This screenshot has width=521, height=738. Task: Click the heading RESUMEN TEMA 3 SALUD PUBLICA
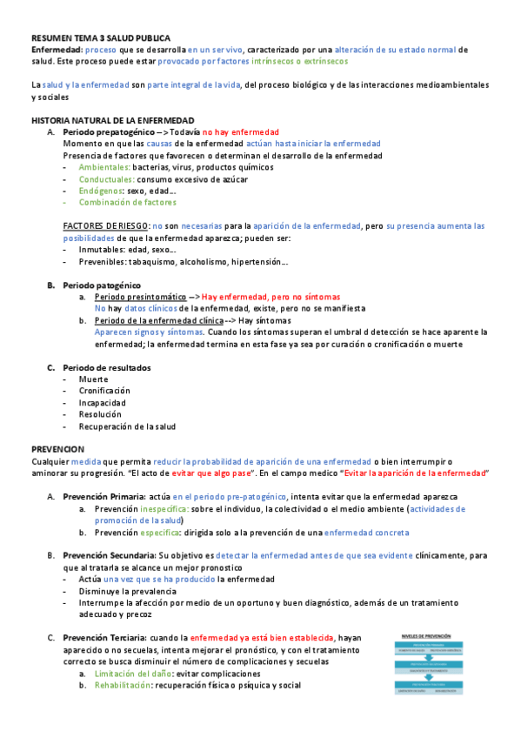[101, 38]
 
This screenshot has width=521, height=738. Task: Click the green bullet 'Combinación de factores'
[127, 203]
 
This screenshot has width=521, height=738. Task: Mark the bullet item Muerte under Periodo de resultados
[93, 379]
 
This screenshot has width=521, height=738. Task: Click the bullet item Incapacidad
[102, 403]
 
